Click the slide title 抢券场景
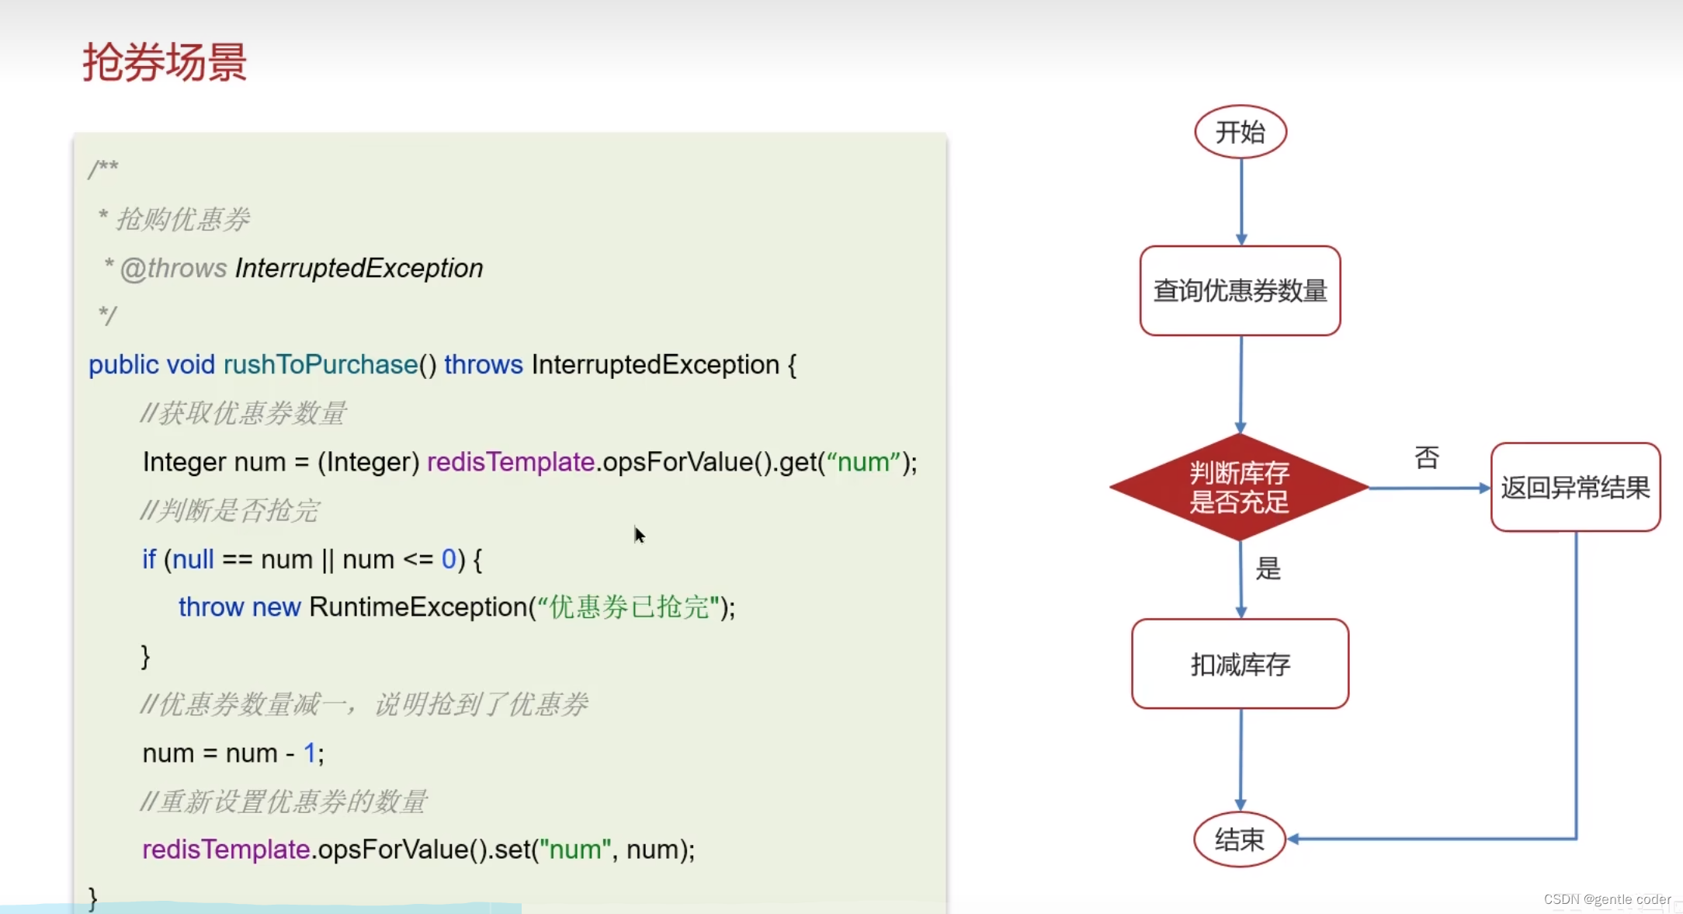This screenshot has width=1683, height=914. click(x=165, y=62)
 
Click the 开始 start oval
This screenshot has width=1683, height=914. click(x=1240, y=132)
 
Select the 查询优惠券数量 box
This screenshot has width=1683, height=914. click(x=1240, y=291)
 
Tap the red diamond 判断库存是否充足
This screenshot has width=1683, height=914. click(x=1239, y=488)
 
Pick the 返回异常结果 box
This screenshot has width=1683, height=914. click(x=1575, y=488)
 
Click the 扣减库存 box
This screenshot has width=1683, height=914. click(x=1240, y=664)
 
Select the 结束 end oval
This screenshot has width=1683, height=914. click(x=1239, y=839)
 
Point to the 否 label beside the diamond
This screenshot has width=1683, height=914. click(x=1427, y=457)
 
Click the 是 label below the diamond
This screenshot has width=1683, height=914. click(x=1268, y=568)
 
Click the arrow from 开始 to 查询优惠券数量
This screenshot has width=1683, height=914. click(x=1241, y=202)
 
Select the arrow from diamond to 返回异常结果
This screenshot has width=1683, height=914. click(x=1428, y=488)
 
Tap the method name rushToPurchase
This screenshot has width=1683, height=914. click(x=321, y=365)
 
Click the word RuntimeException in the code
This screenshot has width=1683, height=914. click(x=418, y=607)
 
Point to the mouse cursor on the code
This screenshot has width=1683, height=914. click(x=639, y=534)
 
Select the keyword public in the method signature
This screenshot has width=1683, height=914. click(x=123, y=365)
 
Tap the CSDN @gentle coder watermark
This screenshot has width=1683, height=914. click(x=1606, y=899)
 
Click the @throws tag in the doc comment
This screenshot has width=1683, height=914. click(x=173, y=269)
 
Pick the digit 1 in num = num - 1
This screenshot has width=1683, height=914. click(x=309, y=753)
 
